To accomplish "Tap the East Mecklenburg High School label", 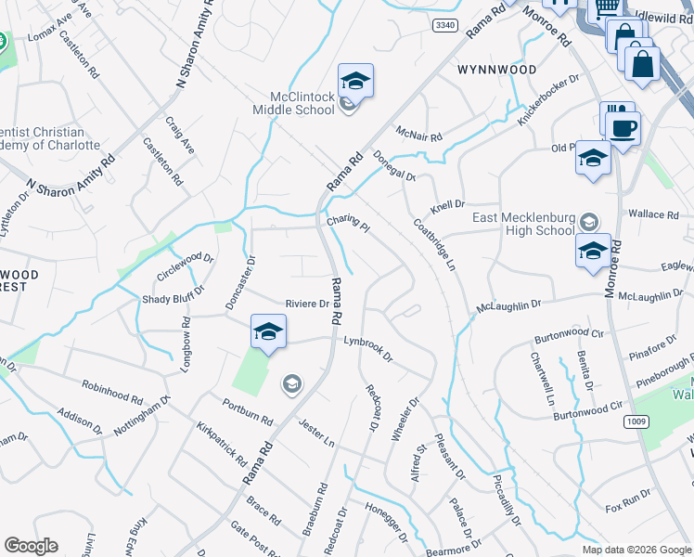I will [x=522, y=224].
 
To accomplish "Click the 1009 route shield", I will [x=636, y=421].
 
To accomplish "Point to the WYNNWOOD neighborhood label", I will [x=496, y=70].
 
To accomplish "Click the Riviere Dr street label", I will [x=307, y=304].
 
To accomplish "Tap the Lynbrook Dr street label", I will [x=368, y=348].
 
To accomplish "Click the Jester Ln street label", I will [x=315, y=430].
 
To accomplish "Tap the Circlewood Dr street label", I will [x=186, y=266].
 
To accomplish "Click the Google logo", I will [x=31, y=546].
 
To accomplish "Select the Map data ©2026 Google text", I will [x=636, y=550].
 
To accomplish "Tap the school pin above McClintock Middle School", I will [x=355, y=82].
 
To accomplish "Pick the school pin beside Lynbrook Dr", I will [x=268, y=332].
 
